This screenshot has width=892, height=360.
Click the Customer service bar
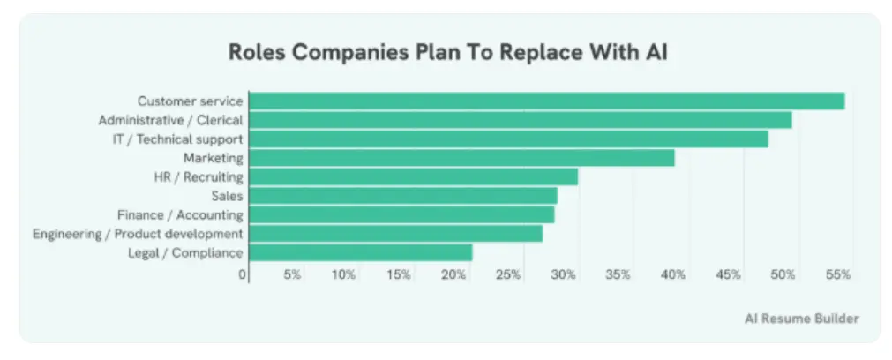click(546, 101)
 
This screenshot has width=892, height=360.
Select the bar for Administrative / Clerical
click(520, 120)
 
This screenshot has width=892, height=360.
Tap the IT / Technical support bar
click(508, 139)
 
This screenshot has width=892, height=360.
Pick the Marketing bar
click(461, 158)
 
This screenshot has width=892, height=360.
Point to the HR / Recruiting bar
click(413, 177)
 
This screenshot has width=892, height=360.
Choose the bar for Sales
click(402, 196)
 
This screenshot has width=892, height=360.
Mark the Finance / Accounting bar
click(401, 214)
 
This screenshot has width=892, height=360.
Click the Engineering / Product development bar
click(395, 234)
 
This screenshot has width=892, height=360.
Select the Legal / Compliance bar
click(360, 252)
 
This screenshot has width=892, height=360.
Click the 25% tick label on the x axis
click(509, 275)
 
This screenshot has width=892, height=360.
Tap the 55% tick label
click(838, 275)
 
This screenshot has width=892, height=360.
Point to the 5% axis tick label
click(292, 275)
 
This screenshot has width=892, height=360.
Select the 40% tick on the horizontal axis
click(674, 275)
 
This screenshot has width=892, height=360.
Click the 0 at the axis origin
click(243, 275)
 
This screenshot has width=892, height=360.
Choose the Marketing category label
click(213, 158)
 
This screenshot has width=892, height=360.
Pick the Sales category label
click(227, 196)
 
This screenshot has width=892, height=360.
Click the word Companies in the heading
click(336, 51)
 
